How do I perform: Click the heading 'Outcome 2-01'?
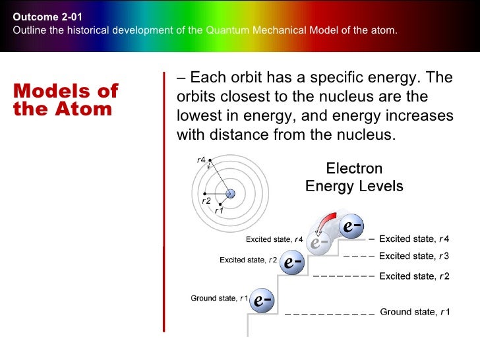tap(47, 17)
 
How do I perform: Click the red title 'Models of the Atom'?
tap(66, 100)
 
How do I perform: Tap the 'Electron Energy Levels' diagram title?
tap(354, 177)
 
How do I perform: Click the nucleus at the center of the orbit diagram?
tap(230, 193)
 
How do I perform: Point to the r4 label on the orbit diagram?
tap(201, 160)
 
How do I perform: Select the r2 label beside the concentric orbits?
tap(206, 201)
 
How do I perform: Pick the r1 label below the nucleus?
tap(219, 210)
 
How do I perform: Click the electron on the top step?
tap(351, 226)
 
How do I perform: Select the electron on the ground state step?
tap(262, 300)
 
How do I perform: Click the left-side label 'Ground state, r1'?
tap(220, 298)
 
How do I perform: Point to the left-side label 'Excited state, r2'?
tap(249, 260)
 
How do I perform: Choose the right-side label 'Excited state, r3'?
tap(414, 256)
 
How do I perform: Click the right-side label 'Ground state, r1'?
tap(415, 312)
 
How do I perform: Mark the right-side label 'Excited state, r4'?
tap(414, 239)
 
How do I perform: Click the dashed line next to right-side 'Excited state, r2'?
tap(344, 276)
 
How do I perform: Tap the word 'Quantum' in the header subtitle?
tap(227, 30)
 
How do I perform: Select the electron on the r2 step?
tap(292, 262)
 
